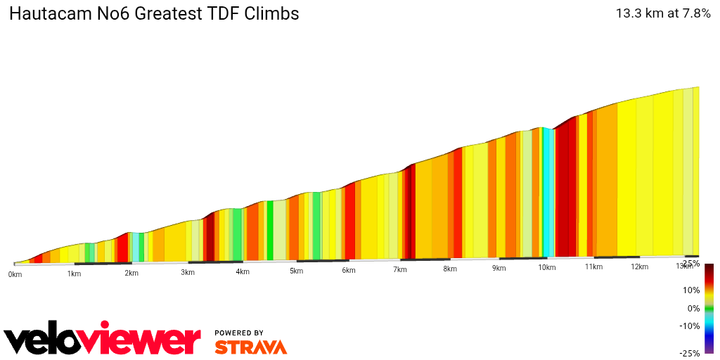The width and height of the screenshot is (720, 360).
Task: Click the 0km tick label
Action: [x=15, y=274]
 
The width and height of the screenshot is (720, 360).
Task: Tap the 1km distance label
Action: [x=74, y=274]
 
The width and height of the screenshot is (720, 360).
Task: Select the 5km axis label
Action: [x=296, y=271]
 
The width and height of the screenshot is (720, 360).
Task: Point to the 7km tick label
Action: [x=400, y=270]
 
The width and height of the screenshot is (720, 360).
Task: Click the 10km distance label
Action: [x=546, y=268]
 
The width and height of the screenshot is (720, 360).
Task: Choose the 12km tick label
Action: [x=639, y=267]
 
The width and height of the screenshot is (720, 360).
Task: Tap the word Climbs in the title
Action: [x=271, y=14]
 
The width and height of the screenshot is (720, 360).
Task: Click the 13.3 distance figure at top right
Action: [x=628, y=13]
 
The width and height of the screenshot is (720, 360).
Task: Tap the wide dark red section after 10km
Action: [x=565, y=190]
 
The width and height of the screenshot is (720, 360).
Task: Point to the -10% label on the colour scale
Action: [x=690, y=326]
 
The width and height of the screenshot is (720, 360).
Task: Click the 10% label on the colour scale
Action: [x=691, y=290]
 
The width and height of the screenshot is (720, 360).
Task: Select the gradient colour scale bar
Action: [x=709, y=308]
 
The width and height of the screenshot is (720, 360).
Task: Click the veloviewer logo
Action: [x=103, y=340]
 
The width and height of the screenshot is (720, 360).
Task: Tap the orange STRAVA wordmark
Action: [x=250, y=347]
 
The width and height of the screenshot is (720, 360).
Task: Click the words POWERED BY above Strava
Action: [x=239, y=333]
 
